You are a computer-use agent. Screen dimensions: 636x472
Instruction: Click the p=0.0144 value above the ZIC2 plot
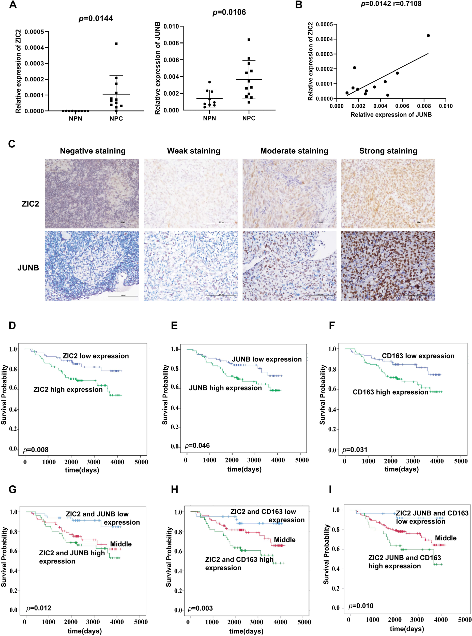pos(96,19)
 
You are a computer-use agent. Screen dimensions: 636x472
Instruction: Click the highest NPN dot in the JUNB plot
pos(209,82)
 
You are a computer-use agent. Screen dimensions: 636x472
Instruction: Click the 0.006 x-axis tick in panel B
pos(402,106)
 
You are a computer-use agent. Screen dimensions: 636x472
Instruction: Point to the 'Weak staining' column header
pos(193,151)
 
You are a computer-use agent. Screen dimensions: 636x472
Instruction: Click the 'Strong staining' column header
pos(388,151)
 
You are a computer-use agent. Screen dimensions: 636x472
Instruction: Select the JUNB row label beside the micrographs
pos(28,268)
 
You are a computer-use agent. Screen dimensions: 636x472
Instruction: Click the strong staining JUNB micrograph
pos(388,266)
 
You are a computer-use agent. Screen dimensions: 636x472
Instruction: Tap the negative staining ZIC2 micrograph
pos(92,193)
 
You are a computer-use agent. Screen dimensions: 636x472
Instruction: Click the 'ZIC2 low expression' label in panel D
pos(96,356)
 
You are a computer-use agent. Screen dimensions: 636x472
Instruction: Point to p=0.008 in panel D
pos(36,450)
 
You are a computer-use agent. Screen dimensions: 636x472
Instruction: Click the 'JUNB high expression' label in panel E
pos(225,388)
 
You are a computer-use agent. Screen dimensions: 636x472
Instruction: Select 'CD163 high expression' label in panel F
pos(390,392)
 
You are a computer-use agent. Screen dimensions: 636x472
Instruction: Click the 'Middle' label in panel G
pos(121,544)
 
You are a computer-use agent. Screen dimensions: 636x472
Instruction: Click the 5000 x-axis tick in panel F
pos(461,461)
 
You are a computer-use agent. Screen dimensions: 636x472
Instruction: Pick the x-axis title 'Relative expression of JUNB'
pos(391,115)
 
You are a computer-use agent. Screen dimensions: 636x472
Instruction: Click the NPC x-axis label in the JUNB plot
pos(249,118)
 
